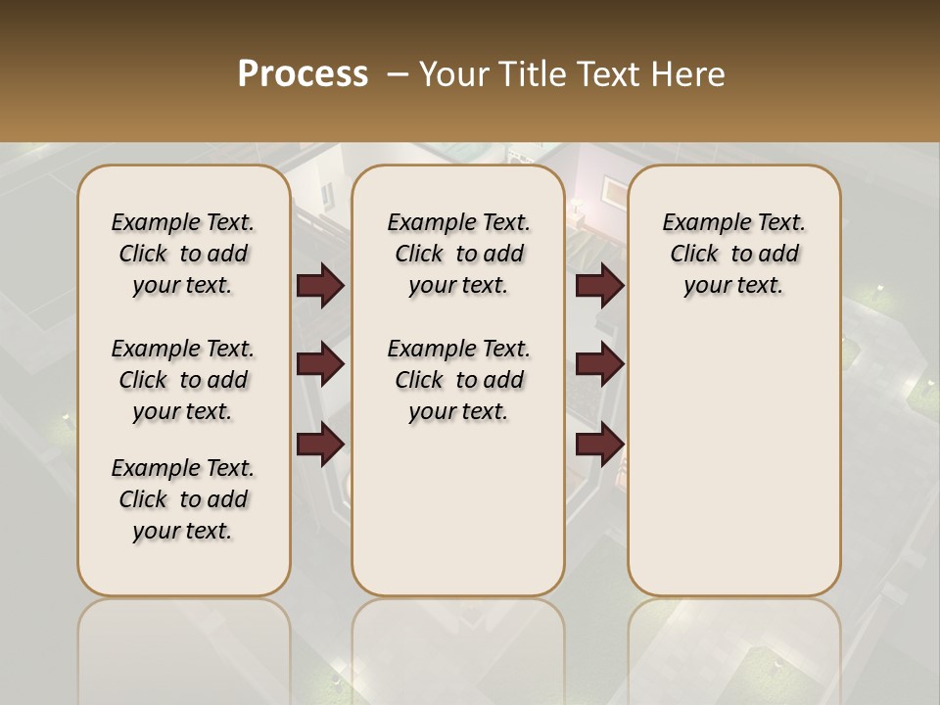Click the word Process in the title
click(303, 74)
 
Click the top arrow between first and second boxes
click(320, 286)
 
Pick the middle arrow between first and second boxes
click(320, 364)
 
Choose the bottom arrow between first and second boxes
click(320, 444)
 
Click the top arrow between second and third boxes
click(599, 286)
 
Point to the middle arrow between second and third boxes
click(599, 364)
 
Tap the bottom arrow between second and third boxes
click(599, 444)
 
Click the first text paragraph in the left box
click(183, 254)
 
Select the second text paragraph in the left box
click(183, 380)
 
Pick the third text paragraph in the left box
click(183, 499)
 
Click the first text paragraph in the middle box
click(458, 254)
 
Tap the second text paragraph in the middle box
click(458, 380)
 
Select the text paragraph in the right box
click(733, 254)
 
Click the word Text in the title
click(607, 74)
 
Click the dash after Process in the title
click(397, 74)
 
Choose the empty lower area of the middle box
click(458, 509)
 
